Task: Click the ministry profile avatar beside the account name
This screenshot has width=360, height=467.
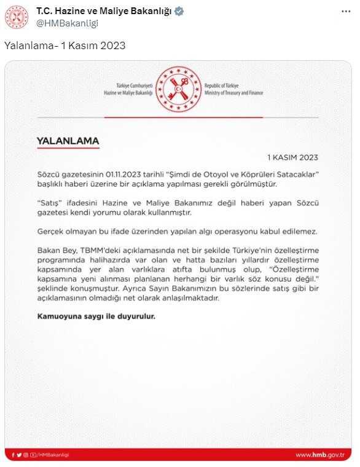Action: pyautogui.click(x=17, y=17)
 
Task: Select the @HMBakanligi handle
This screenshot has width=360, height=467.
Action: pyautogui.click(x=67, y=23)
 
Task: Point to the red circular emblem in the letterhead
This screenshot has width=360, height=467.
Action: pyautogui.click(x=179, y=89)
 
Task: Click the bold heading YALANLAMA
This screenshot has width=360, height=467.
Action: pyautogui.click(x=68, y=141)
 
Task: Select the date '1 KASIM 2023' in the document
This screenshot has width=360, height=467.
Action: pyautogui.click(x=292, y=157)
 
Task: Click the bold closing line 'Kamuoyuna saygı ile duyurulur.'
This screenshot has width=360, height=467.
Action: pyautogui.click(x=96, y=316)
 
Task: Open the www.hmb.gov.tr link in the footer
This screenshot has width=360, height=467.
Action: pyautogui.click(x=319, y=455)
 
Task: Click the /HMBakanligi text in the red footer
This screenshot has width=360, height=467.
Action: pyautogui.click(x=53, y=455)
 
